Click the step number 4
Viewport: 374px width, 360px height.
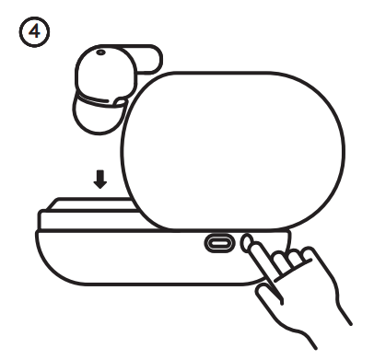(34, 31)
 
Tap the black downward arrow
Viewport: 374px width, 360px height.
(100, 180)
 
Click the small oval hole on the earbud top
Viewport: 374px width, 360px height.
(100, 52)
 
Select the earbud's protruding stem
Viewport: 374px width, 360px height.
(147, 59)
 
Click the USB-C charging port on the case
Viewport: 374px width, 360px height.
(219, 243)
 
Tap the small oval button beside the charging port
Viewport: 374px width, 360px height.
(245, 242)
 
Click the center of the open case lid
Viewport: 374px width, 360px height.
(233, 151)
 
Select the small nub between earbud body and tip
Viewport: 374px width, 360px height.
(120, 102)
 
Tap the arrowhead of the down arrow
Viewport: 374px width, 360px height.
(100, 184)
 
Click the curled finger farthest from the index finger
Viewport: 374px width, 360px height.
(309, 255)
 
